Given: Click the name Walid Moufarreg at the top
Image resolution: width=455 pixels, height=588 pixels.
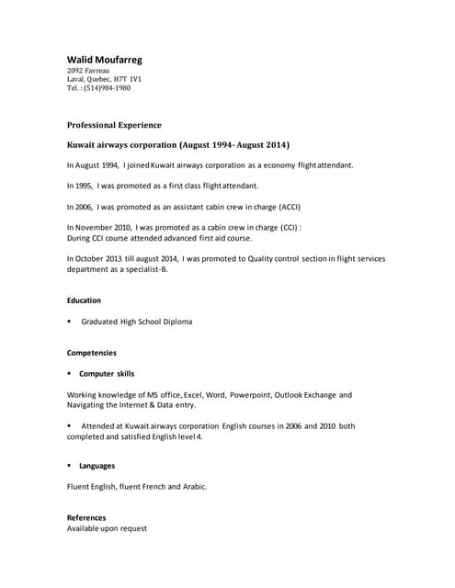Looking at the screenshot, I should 105,60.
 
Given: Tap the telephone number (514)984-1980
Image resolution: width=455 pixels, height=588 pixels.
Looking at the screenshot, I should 108,88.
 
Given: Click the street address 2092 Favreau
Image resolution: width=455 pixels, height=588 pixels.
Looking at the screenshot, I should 89,71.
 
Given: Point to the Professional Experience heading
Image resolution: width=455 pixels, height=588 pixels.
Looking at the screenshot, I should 114,125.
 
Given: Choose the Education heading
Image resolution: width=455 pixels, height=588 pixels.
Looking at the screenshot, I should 84,300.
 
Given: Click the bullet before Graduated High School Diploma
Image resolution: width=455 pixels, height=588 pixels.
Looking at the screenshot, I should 70,322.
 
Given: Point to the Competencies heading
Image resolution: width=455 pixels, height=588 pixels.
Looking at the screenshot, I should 92,353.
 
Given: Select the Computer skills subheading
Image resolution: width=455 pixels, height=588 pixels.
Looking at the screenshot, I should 107,374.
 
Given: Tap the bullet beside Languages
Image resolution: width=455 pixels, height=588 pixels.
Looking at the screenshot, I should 70,466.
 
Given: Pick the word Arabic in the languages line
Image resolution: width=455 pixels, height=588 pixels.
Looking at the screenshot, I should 193,487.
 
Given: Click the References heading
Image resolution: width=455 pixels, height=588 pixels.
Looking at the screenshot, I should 86,517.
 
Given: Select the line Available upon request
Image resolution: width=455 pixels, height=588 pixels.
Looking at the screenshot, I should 107,528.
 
